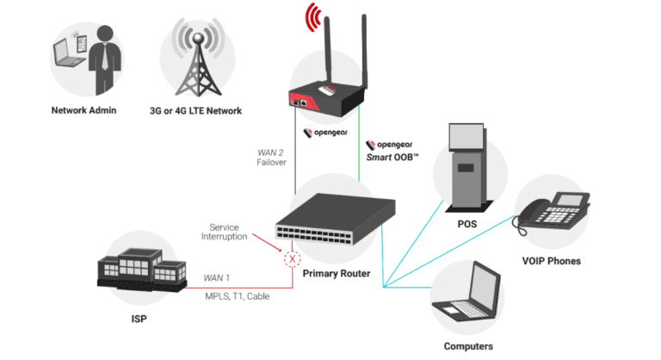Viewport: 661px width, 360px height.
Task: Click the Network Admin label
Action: coord(83,110)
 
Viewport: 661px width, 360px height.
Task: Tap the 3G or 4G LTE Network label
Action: coord(195,110)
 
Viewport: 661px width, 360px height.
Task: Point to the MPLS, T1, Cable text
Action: coord(237,296)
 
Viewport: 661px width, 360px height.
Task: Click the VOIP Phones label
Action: coord(551,261)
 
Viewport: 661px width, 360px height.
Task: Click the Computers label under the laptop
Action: coord(467,346)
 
